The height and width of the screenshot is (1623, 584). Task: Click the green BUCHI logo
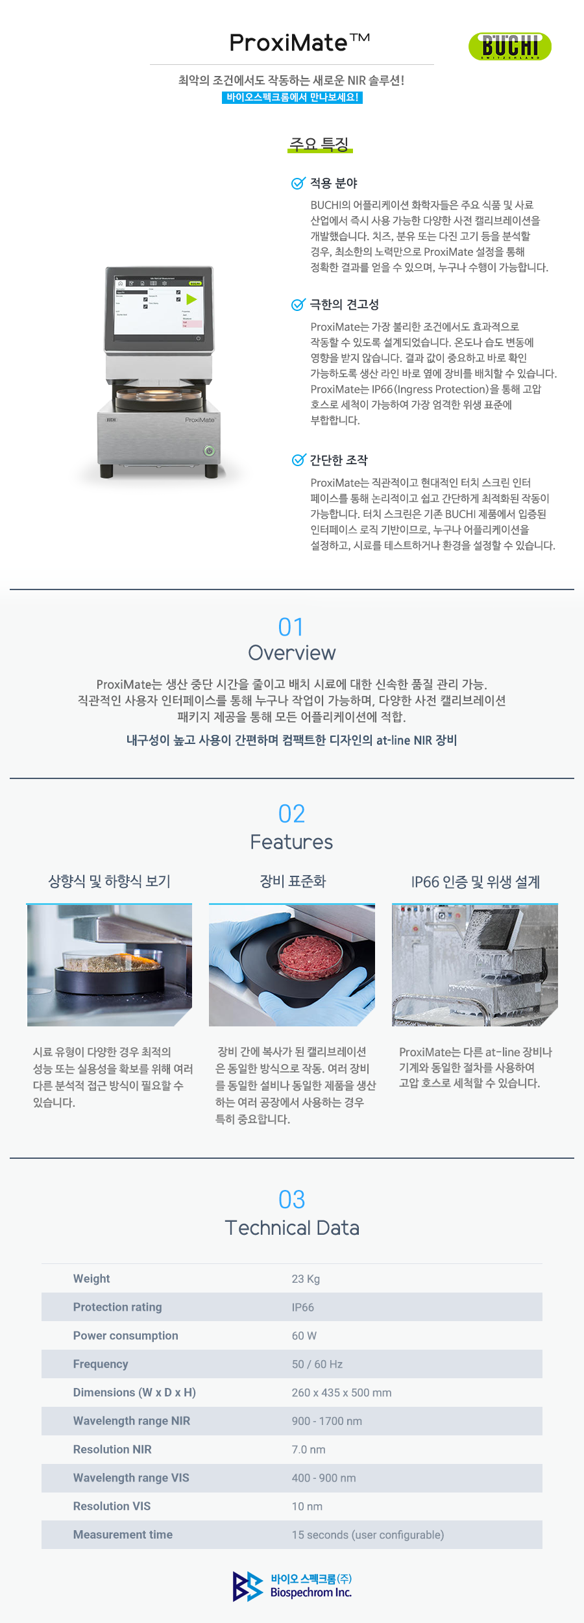tap(510, 46)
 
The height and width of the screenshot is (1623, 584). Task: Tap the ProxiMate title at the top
tap(300, 43)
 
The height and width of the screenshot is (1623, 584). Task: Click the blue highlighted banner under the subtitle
tap(292, 97)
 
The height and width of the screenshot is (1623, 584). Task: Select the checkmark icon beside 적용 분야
tap(298, 183)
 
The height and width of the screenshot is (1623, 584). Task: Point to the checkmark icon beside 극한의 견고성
tap(298, 304)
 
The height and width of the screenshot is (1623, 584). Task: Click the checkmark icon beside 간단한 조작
tap(298, 460)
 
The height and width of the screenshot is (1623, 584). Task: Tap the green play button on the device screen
tap(191, 299)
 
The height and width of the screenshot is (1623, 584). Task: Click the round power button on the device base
tap(209, 451)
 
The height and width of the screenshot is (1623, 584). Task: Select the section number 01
tap(291, 627)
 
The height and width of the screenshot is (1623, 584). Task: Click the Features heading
tap(291, 842)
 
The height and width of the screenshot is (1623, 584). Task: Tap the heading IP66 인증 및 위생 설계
tap(476, 882)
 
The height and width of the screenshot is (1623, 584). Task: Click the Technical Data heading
tap(292, 1228)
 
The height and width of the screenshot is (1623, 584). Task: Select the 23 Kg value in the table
tap(306, 1279)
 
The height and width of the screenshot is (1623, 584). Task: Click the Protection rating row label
tap(117, 1307)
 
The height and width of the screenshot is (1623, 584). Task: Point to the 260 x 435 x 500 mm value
tap(341, 1393)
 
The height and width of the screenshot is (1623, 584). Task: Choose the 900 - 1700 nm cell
tap(327, 1421)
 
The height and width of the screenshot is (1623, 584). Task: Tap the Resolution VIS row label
tap(112, 1506)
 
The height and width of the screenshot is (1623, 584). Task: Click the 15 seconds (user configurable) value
tap(368, 1535)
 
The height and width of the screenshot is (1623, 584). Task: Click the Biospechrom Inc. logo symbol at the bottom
tap(248, 1586)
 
